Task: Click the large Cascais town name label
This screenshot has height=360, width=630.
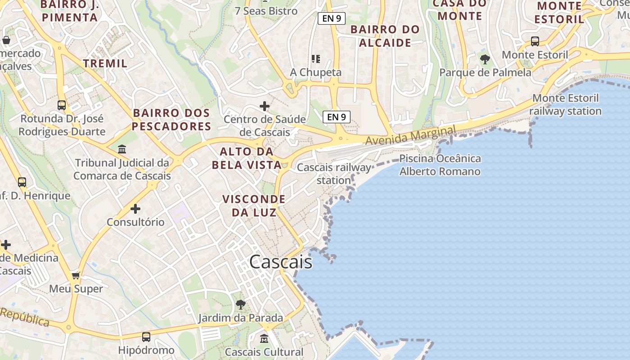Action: click(280, 262)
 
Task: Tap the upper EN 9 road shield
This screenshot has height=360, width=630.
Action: click(332, 18)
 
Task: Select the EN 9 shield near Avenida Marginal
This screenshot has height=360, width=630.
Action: click(337, 117)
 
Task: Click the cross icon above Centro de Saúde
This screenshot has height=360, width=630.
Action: click(265, 106)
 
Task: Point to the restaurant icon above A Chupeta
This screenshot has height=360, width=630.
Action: click(315, 59)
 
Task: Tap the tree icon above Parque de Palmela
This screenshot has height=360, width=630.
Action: click(485, 59)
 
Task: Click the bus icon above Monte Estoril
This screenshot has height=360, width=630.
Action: click(535, 41)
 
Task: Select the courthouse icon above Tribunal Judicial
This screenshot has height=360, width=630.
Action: click(121, 149)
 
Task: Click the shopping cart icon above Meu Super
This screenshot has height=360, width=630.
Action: click(76, 275)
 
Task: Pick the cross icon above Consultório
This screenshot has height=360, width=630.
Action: click(135, 209)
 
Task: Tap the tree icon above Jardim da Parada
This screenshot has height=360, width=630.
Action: click(241, 304)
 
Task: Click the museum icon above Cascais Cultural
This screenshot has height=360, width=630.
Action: click(264, 338)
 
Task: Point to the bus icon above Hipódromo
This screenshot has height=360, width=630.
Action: click(146, 337)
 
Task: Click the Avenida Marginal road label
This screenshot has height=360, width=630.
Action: click(410, 135)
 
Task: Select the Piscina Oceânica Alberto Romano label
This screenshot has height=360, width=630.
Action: click(440, 165)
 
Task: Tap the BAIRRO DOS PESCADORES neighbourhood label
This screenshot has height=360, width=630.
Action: click(171, 119)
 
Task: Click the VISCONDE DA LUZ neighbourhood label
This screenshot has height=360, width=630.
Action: click(254, 206)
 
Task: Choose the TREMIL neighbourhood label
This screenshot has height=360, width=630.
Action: click(105, 63)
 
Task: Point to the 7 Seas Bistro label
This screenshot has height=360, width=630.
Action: click(266, 11)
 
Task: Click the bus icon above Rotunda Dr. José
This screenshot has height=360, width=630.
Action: click(62, 105)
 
